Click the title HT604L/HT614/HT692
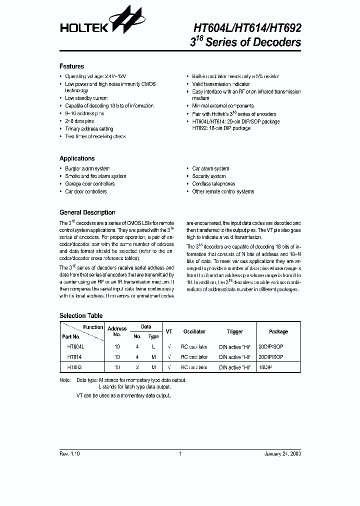coord(247,29)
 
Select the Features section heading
coord(71,66)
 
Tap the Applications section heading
coord(77,158)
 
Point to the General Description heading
coord(87,212)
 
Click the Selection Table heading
coord(81,316)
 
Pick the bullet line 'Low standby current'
coord(86,98)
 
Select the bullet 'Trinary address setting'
coord(89,129)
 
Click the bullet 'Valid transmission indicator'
coord(221,84)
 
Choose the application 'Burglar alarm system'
coord(87,169)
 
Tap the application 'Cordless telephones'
coord(213,184)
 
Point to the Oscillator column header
coord(194,331)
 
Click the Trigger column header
coord(234,331)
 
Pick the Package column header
coord(278,331)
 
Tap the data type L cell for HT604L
coord(154,346)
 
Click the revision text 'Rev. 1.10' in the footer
coord(69,454)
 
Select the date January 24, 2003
coord(282,454)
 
